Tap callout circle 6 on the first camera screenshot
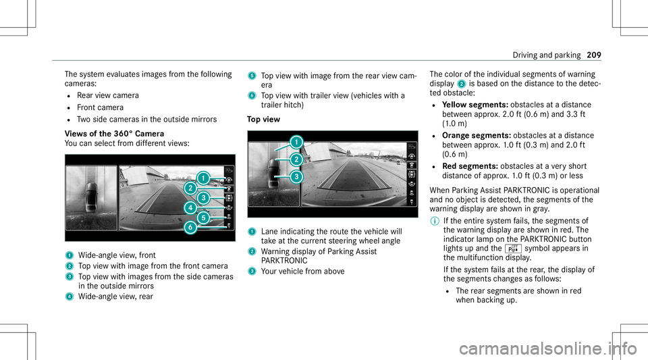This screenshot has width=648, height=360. click(x=192, y=228)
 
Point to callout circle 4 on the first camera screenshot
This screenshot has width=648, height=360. click(x=192, y=207)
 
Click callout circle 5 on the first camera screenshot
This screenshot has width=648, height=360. click(x=202, y=217)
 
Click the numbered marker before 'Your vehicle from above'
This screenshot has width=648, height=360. click(x=250, y=271)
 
